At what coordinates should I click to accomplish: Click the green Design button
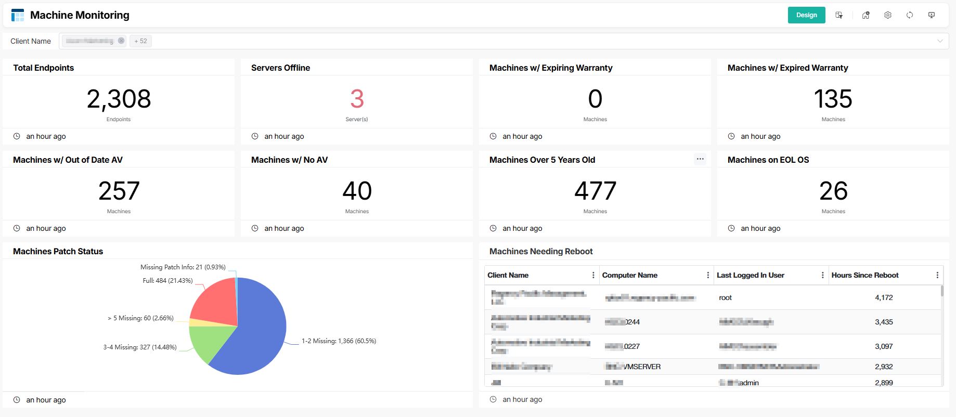(x=806, y=15)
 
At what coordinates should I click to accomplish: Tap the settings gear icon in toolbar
(x=888, y=15)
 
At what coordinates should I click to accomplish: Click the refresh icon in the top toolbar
(x=910, y=15)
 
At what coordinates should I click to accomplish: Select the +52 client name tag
(x=140, y=41)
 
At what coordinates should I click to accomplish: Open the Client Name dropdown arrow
(x=940, y=41)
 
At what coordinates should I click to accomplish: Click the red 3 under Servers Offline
(x=357, y=99)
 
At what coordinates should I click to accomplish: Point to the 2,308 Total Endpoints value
(x=119, y=99)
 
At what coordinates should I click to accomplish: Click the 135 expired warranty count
(x=833, y=99)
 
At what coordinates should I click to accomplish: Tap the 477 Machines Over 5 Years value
(x=595, y=191)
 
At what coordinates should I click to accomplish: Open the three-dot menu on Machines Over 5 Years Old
(x=700, y=159)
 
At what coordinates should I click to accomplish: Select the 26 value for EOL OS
(x=833, y=191)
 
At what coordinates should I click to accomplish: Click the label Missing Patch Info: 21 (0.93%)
(x=183, y=267)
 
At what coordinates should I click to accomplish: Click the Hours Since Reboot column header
(x=864, y=275)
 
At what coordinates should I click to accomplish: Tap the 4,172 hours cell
(x=884, y=298)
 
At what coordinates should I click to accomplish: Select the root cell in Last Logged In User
(x=725, y=298)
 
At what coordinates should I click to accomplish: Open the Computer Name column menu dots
(x=708, y=275)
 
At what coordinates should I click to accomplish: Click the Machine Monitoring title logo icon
(x=18, y=15)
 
